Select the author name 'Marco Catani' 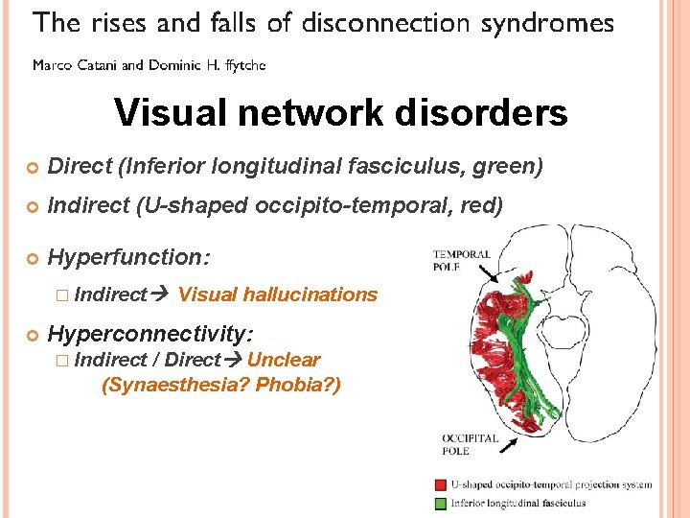[x=76, y=65]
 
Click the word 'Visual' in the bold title [x=173, y=113]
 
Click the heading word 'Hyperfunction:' [x=128, y=257]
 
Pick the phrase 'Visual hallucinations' [x=278, y=294]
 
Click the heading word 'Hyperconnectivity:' [x=150, y=333]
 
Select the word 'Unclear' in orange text [x=284, y=360]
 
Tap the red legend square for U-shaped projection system [x=439, y=485]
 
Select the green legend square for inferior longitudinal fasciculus [x=439, y=502]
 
